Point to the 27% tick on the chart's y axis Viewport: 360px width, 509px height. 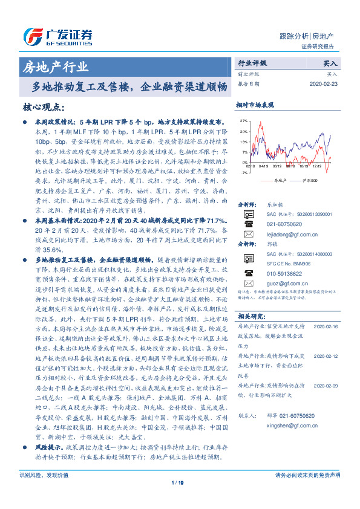point(243,121)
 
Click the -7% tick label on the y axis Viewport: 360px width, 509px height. point(243,173)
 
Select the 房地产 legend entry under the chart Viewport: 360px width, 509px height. point(279,180)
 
